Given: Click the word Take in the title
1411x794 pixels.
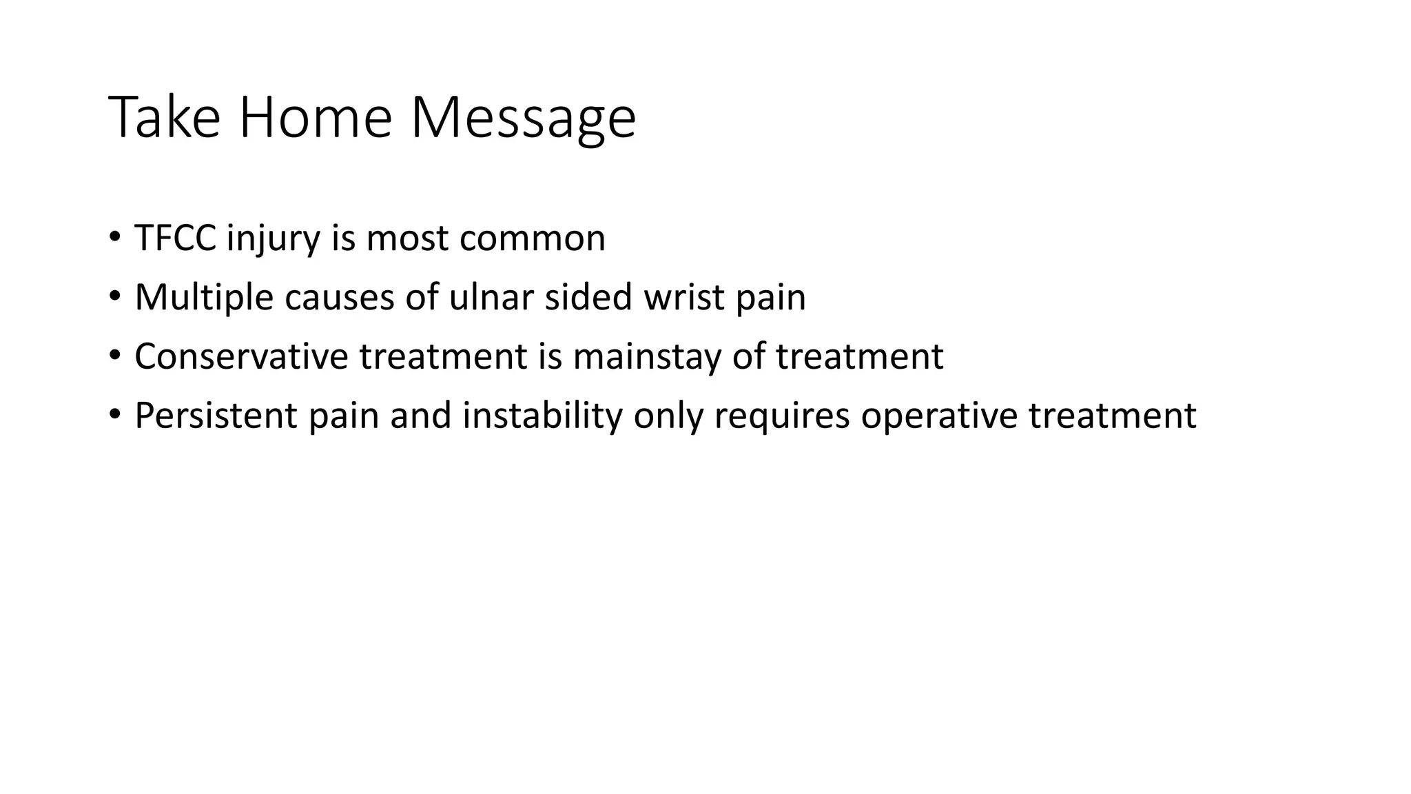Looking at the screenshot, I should click(x=164, y=117).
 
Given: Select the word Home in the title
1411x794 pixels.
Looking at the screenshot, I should click(x=315, y=117).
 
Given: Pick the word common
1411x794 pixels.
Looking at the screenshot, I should click(x=532, y=239).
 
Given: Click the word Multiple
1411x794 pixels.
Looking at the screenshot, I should click(x=204, y=298).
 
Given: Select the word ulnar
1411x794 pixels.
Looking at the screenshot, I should click(x=491, y=298).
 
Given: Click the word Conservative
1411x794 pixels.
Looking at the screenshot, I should click(x=241, y=357).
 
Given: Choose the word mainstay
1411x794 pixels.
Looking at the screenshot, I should click(x=646, y=357).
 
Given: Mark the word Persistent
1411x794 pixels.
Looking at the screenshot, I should click(x=216, y=416).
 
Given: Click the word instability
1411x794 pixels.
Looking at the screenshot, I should click(x=542, y=416).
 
